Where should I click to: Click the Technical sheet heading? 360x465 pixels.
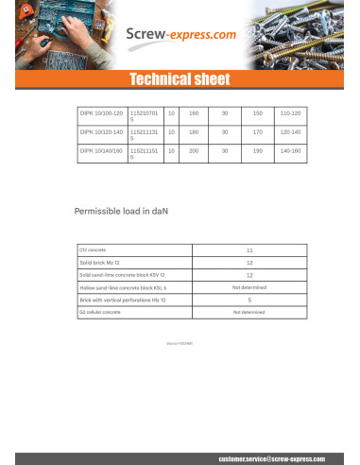pyautogui.click(x=180, y=79)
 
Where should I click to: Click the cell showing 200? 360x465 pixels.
pyautogui.click(x=194, y=150)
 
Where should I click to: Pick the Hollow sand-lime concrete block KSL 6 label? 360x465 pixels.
pyautogui.click(x=124, y=286)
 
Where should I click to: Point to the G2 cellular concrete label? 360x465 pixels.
pyautogui.click(x=100, y=311)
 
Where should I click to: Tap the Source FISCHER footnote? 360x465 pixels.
pyautogui.click(x=180, y=345)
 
